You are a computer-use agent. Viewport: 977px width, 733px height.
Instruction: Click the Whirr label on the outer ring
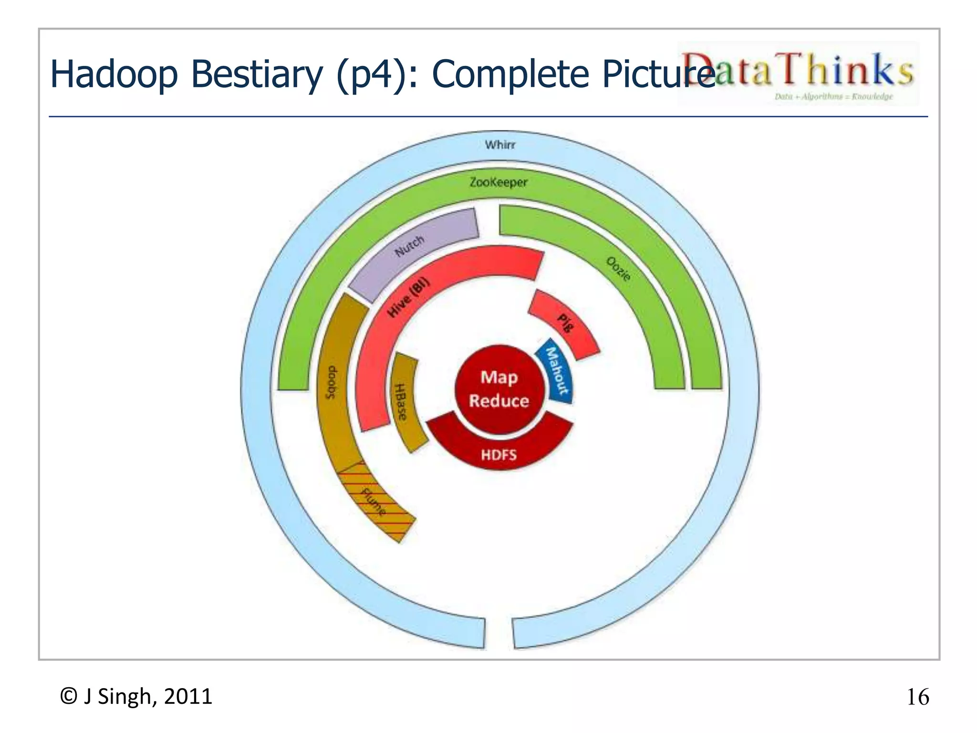pos(500,144)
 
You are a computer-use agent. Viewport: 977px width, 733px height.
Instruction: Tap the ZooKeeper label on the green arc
pos(499,182)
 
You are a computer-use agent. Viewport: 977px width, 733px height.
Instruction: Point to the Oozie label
pos(619,268)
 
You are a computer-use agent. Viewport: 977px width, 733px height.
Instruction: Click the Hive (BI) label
pos(408,297)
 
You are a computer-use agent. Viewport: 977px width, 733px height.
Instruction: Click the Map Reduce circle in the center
pos(499,389)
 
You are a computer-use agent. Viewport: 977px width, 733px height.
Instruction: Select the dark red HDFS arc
pos(499,451)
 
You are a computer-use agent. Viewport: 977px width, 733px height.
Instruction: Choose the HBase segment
pos(404,402)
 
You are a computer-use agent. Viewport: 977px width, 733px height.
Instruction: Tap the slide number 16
pos(917,697)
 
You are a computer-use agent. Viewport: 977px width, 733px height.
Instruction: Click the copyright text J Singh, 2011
pos(136,696)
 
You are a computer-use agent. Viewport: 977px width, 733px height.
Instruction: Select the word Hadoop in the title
pos(114,75)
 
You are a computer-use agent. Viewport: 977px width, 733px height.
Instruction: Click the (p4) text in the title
pos(371,75)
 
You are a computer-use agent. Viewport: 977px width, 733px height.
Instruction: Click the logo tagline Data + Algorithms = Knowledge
pos(833,96)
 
